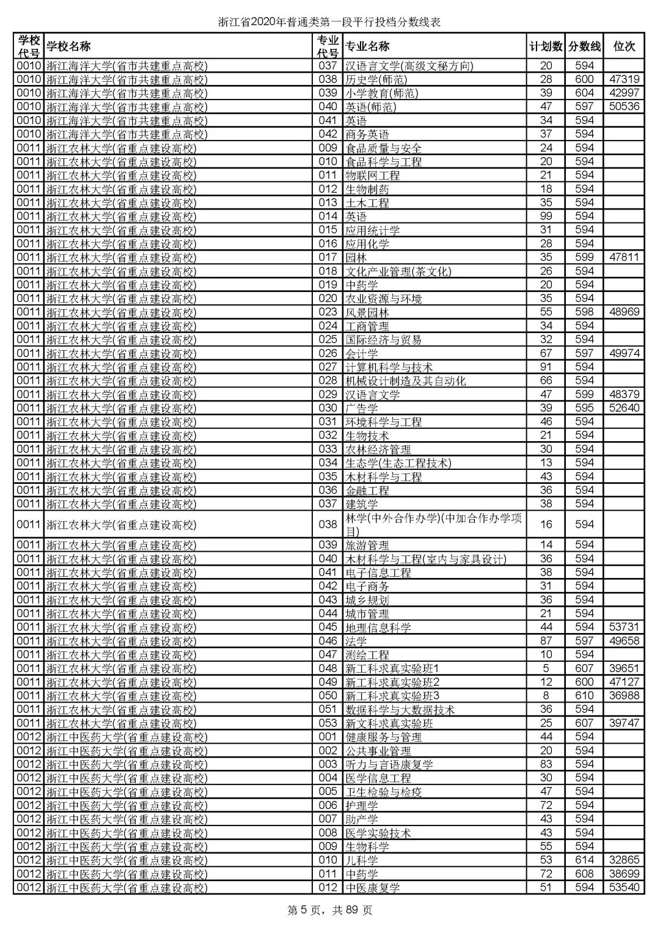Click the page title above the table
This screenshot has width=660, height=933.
pyautogui.click(x=330, y=23)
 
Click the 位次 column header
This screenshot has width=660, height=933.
pyautogui.click(x=624, y=46)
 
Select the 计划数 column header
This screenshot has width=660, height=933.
pyautogui.click(x=546, y=46)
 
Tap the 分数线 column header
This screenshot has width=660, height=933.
pyautogui.click(x=584, y=46)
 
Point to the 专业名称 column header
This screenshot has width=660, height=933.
pyautogui.click(x=367, y=46)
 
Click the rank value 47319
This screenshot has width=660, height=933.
pyautogui.click(x=624, y=79)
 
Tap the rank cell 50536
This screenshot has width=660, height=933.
pyautogui.click(x=624, y=106)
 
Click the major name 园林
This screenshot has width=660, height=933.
pyautogui.click(x=356, y=257)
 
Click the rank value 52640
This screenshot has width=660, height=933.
pyautogui.click(x=624, y=408)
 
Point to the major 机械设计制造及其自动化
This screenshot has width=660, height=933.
pyautogui.click(x=406, y=381)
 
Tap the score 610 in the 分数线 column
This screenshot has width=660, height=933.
pyautogui.click(x=584, y=695)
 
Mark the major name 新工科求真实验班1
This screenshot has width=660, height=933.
pyautogui.click(x=392, y=668)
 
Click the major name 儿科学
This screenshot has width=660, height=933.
pyautogui.click(x=362, y=860)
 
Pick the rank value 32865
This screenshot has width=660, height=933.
pyautogui.click(x=624, y=860)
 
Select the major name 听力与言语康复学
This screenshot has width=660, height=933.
pyautogui.click(x=389, y=764)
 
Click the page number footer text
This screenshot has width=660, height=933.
pyautogui.click(x=329, y=910)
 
